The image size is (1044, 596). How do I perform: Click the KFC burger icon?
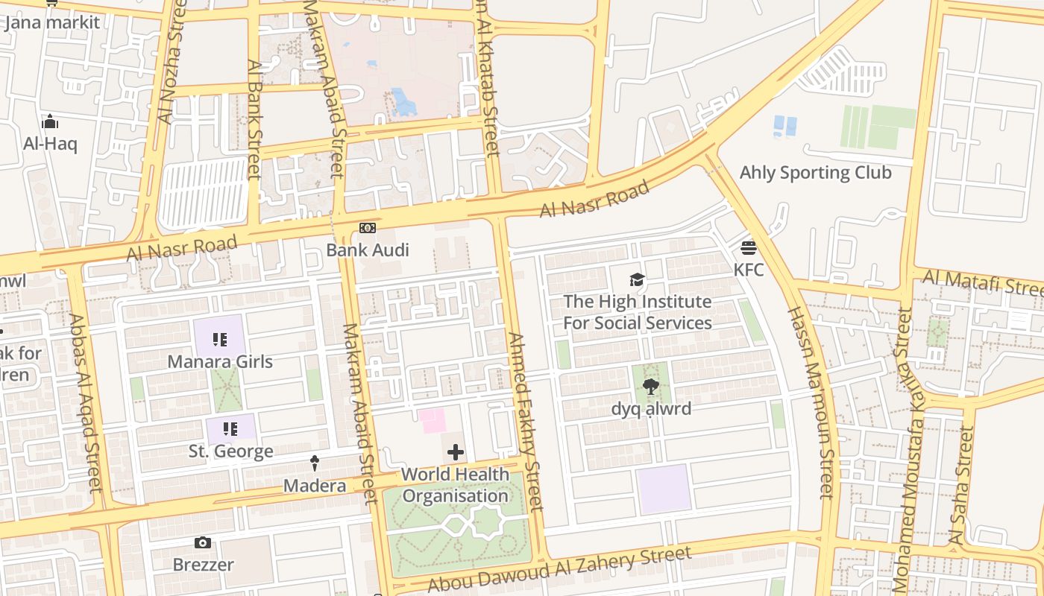[749, 247]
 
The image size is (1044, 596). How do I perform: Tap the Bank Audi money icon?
[368, 228]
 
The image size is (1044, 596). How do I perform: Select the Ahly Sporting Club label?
[815, 173]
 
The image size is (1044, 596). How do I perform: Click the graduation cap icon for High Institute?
[637, 280]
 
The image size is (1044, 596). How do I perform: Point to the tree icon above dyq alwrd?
[651, 386]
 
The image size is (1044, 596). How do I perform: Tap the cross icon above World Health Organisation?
[455, 452]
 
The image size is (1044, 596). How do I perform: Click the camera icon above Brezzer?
[203, 543]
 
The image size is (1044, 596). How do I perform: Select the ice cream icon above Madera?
[315, 463]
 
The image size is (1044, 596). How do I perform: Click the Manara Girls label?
[220, 362]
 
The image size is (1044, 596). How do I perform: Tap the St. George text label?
[230, 451]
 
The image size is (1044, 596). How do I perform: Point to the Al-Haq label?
[50, 144]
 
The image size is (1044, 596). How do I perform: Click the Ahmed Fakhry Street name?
[526, 421]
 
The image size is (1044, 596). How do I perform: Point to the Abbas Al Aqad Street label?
[84, 402]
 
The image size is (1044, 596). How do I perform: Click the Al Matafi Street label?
[983, 282]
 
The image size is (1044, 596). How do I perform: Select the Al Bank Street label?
[255, 119]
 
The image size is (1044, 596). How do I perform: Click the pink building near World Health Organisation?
[433, 420]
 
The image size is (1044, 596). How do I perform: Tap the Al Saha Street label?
[960, 484]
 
